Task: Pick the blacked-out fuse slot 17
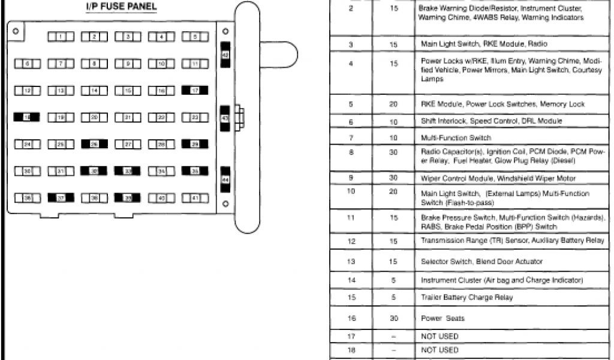[x=195, y=91]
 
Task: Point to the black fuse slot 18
[x=27, y=118]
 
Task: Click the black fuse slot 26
[x=94, y=145]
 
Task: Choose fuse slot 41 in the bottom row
[x=195, y=197]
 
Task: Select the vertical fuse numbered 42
[x=225, y=55]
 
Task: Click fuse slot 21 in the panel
[x=128, y=118]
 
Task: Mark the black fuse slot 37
[x=61, y=197]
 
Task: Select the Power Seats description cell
[x=443, y=319]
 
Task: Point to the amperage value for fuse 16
[x=393, y=319]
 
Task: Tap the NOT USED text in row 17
[x=440, y=337]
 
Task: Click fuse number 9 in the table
[x=351, y=178]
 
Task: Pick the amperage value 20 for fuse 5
[x=393, y=104]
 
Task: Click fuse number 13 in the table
[x=351, y=262]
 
